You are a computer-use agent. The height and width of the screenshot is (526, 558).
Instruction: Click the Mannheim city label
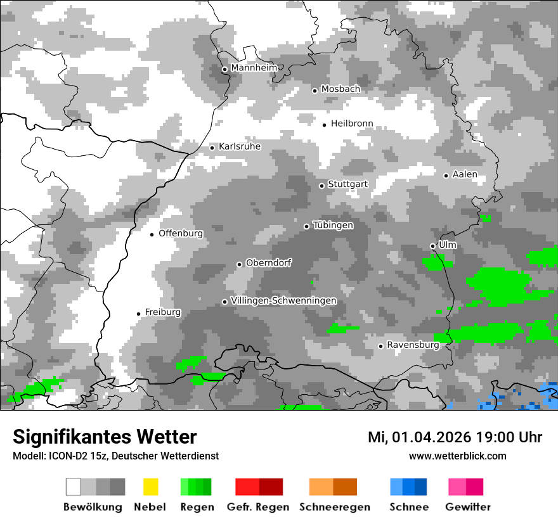pyautogui.click(x=254, y=68)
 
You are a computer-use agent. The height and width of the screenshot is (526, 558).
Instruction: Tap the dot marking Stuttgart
pyautogui.click(x=321, y=186)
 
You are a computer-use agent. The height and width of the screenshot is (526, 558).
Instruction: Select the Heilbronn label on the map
pyautogui.click(x=352, y=124)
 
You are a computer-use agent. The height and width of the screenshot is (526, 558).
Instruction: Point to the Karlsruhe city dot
pyautogui.click(x=212, y=148)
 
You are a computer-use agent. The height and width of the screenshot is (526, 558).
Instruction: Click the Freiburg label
pyautogui.click(x=162, y=312)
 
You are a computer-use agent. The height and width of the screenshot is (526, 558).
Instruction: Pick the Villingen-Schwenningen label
pyautogui.click(x=283, y=300)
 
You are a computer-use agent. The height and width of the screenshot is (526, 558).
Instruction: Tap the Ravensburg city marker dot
pyautogui.click(x=380, y=346)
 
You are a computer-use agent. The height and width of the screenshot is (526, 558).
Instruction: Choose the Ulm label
pyautogui.click(x=447, y=245)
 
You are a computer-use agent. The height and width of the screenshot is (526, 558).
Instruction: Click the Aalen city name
pyautogui.click(x=465, y=174)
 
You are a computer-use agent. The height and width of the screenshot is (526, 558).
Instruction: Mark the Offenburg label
pyautogui.click(x=181, y=233)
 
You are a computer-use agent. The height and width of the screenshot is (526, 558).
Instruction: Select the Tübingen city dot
pyautogui.click(x=306, y=226)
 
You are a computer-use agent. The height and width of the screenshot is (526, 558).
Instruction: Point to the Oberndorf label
pyautogui.click(x=268, y=263)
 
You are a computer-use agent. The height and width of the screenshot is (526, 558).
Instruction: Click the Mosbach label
pyautogui.click(x=341, y=89)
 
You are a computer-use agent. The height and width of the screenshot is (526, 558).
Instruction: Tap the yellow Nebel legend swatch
pyautogui.click(x=150, y=487)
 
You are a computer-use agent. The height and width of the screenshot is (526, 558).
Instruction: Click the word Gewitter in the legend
pyautogui.click(x=467, y=507)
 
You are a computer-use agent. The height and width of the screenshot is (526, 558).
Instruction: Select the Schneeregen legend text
pyautogui.click(x=335, y=507)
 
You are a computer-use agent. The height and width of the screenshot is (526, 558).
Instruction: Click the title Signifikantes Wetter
pyautogui.click(x=105, y=437)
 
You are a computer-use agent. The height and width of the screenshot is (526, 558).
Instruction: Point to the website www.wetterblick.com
pyautogui.click(x=457, y=456)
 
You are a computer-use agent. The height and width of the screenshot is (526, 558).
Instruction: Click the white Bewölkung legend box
pyautogui.click(x=74, y=487)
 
